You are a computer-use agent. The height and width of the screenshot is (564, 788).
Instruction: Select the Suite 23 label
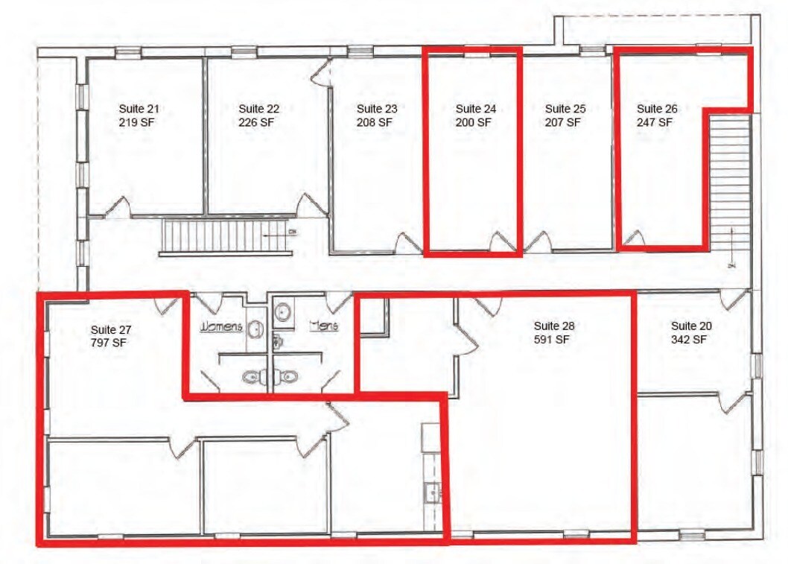376,109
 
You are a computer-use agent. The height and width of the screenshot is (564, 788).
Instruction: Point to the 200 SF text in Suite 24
474,122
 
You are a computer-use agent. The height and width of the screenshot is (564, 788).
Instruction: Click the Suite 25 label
565,109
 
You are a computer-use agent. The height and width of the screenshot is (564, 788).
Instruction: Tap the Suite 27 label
110,329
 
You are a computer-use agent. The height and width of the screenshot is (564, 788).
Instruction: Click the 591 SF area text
552,340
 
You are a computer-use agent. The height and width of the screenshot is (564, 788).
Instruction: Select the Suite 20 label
690,326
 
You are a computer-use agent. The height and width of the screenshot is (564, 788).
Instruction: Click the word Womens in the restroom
220,326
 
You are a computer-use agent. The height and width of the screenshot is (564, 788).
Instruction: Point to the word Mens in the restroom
324,326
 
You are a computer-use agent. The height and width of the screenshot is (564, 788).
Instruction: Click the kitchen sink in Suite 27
431,492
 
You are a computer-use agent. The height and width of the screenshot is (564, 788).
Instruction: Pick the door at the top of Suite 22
320,72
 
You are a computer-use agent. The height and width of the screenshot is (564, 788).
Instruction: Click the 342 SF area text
689,340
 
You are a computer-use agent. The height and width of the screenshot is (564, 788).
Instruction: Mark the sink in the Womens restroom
255,329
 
